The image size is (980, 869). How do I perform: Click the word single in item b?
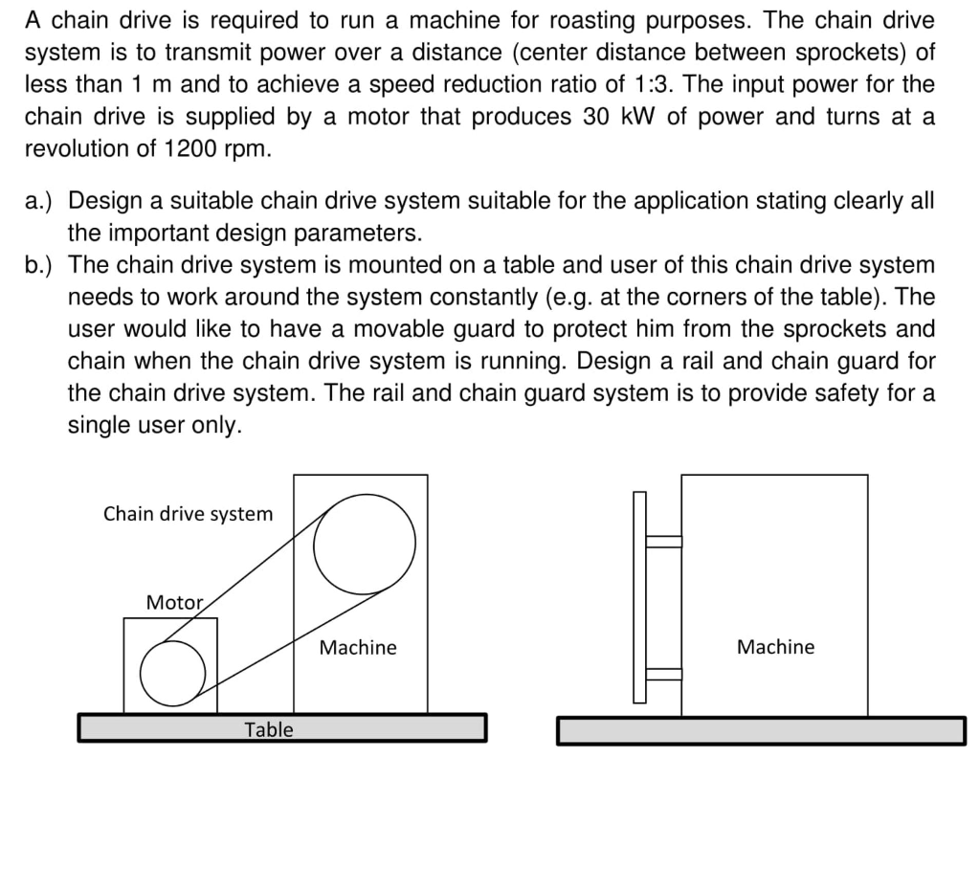coord(98,425)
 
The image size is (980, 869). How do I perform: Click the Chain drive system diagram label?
coord(188,514)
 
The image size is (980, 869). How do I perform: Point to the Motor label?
coord(174,603)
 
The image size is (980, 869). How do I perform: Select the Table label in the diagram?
coord(269,729)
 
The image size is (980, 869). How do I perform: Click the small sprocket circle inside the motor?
coord(172,670)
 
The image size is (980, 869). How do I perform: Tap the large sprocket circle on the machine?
coord(365,543)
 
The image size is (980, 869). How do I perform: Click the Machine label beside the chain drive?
coord(357,648)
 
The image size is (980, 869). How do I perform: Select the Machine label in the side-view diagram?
coord(775,647)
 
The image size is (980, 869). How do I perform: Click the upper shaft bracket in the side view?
coord(663,542)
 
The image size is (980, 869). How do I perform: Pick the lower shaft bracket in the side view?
coord(663,674)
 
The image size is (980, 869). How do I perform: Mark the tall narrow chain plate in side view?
coord(639,598)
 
